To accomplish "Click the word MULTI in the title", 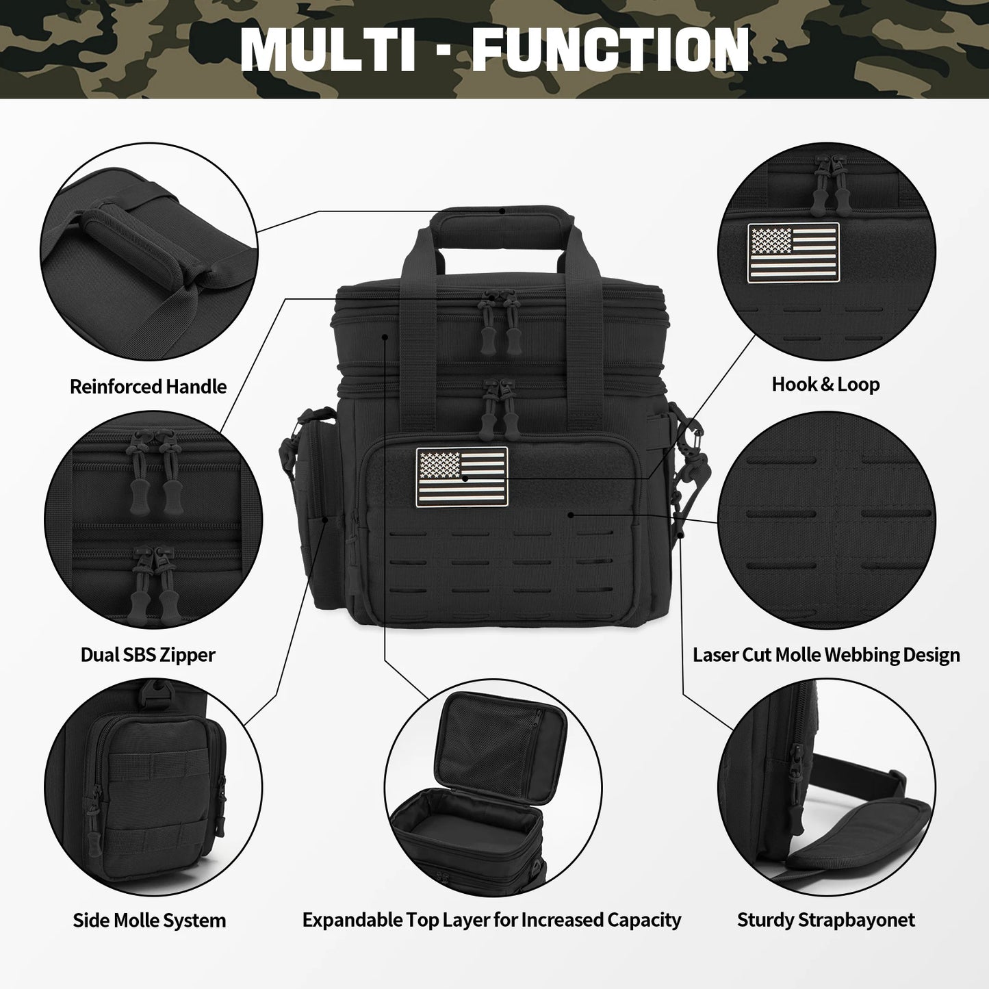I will point(329,49).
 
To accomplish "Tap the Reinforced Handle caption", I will point(148,387).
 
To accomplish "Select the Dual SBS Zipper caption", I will point(148,655).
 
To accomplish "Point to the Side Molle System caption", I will point(149,921).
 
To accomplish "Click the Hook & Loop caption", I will point(825,385).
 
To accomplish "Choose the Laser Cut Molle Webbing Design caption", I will point(826,655).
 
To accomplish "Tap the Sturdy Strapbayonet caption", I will point(825,921).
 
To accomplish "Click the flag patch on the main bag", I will point(462,477).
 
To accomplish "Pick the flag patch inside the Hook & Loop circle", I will point(793,250).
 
